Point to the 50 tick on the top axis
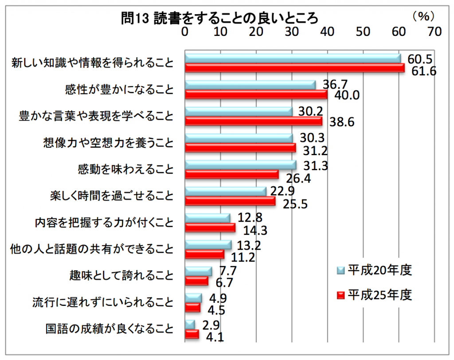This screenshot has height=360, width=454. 363,32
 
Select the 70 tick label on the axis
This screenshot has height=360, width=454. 434,32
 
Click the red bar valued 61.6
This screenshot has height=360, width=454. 294,68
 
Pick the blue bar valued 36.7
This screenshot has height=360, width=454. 250,85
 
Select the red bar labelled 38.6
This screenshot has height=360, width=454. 253,121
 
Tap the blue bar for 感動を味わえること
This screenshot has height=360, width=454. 240,165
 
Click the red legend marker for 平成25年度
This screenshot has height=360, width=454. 340,294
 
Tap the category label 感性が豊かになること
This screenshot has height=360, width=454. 119,90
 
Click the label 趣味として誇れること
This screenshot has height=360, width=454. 121,276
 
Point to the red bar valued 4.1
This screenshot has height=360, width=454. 192,335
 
